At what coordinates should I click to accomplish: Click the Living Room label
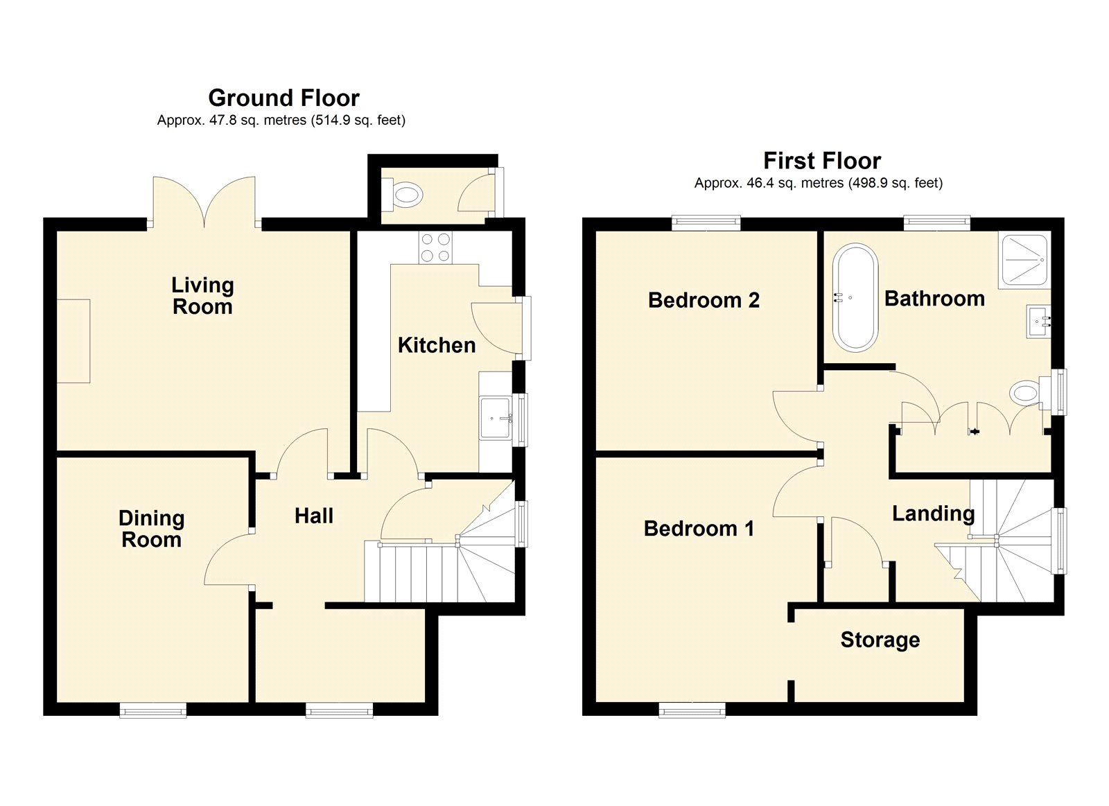[202, 295]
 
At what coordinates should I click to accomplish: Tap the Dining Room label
[152, 529]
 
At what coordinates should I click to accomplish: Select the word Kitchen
[437, 345]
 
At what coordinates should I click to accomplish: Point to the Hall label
[314, 516]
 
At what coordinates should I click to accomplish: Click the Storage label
[880, 640]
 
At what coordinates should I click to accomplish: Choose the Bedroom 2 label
[704, 300]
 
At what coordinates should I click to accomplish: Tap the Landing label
[933, 514]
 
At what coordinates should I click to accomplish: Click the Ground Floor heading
[283, 98]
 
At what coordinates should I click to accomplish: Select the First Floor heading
[822, 160]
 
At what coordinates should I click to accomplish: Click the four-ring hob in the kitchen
[435, 247]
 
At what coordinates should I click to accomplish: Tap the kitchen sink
[496, 418]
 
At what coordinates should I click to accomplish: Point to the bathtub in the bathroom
[855, 297]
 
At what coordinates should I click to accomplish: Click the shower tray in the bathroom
[1024, 259]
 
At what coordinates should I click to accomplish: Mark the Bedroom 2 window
[706, 222]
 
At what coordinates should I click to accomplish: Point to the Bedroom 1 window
[692, 710]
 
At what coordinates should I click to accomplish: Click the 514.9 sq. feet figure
[358, 121]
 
